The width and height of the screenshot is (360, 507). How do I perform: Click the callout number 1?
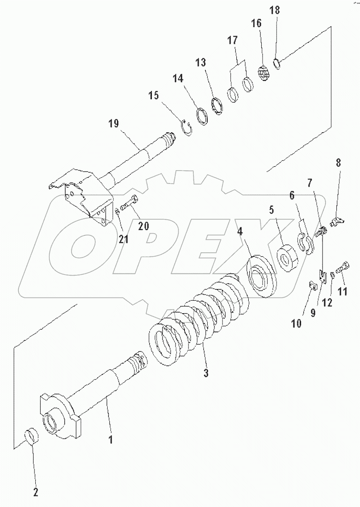[x=110, y=440]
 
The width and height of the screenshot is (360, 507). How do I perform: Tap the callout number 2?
[x=35, y=492]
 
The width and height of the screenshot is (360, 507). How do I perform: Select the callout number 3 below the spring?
[x=205, y=373]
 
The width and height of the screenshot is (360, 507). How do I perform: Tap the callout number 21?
[x=123, y=239]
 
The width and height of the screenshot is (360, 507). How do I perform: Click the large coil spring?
[x=197, y=317]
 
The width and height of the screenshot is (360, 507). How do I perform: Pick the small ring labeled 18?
[x=277, y=65]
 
